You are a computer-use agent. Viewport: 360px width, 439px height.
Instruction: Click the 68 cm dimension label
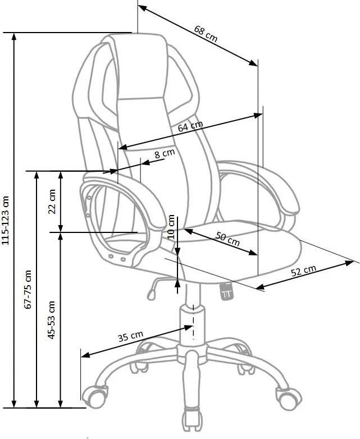206,33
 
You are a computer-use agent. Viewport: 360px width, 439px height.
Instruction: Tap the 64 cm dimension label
190,127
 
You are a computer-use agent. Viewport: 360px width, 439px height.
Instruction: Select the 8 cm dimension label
165,153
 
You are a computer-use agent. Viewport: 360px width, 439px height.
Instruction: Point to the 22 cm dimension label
52,201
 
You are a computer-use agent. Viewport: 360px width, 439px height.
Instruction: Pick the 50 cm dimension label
228,239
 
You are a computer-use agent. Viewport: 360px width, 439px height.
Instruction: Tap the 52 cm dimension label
304,271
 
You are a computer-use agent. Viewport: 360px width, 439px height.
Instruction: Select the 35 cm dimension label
130,337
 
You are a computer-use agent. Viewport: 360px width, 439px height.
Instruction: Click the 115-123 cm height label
6,221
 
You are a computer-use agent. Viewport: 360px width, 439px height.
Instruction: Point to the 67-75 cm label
29,290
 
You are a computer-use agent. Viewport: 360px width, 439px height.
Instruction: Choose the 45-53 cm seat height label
52,320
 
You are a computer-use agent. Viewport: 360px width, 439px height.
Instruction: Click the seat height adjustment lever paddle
151,291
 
